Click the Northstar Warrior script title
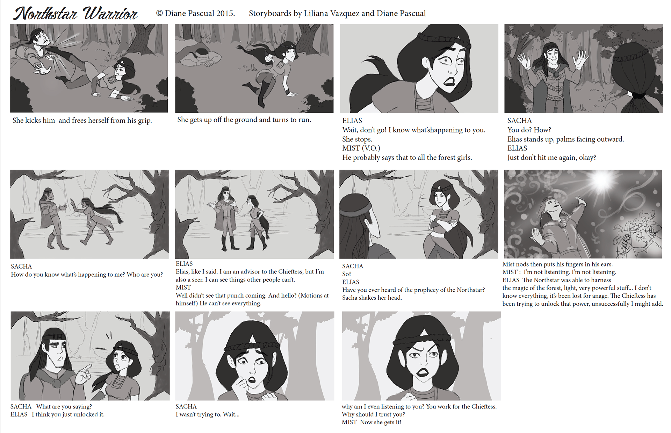[75, 13]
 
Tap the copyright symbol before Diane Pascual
[159, 13]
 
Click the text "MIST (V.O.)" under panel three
[361, 148]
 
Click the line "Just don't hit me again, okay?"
[552, 158]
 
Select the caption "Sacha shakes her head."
[372, 298]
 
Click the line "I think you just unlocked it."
[68, 414]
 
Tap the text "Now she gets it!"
[381, 422]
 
